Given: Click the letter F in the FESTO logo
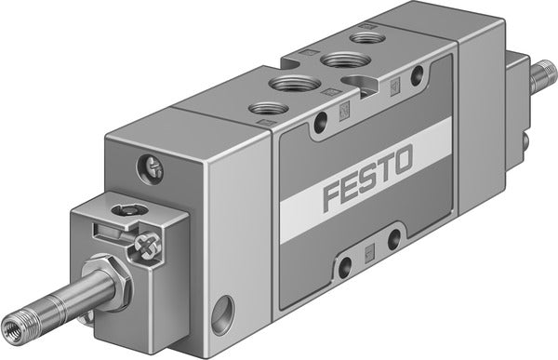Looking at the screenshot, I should [334, 198].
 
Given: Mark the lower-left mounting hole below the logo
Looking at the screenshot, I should [345, 267].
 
